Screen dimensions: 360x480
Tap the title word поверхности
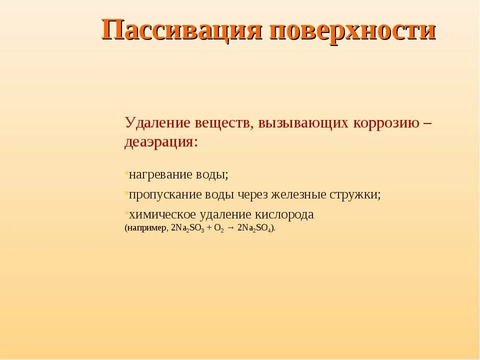tap(353, 30)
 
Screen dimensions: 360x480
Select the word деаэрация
tap(161, 141)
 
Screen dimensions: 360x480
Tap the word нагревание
tap(160, 175)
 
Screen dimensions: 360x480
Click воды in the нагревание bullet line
tap(212, 175)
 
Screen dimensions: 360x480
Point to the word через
tap(249, 194)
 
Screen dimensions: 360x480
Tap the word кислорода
tap(284, 214)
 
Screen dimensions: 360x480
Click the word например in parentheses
tap(146, 227)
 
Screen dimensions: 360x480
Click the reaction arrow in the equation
tap(231, 228)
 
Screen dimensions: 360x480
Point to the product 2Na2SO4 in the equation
tap(255, 228)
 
